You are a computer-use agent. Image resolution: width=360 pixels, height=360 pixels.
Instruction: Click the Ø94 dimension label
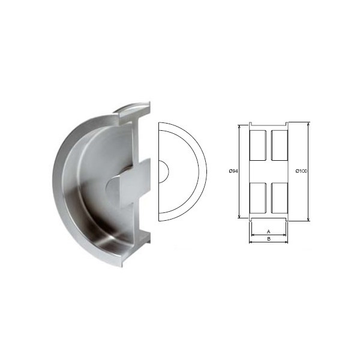[x=233, y=171]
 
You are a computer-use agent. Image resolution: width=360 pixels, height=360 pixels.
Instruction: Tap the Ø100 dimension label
[x=301, y=171]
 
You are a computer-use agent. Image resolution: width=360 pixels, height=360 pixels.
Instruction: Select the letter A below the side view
[x=269, y=232]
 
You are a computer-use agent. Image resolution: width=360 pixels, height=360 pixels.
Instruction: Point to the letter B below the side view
[x=269, y=239]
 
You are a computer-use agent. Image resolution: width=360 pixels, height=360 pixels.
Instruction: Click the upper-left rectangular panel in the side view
[x=258, y=145]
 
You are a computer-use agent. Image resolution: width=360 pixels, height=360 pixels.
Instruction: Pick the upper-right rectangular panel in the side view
[x=280, y=145]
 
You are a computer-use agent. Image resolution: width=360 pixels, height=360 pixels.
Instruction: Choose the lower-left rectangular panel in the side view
[x=258, y=197]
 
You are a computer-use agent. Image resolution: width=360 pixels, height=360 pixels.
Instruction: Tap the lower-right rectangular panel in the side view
[x=280, y=197]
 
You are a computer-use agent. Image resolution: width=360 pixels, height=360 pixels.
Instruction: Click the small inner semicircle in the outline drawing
[x=168, y=172]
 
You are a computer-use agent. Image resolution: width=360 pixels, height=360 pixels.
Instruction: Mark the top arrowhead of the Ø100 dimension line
[x=308, y=124]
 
